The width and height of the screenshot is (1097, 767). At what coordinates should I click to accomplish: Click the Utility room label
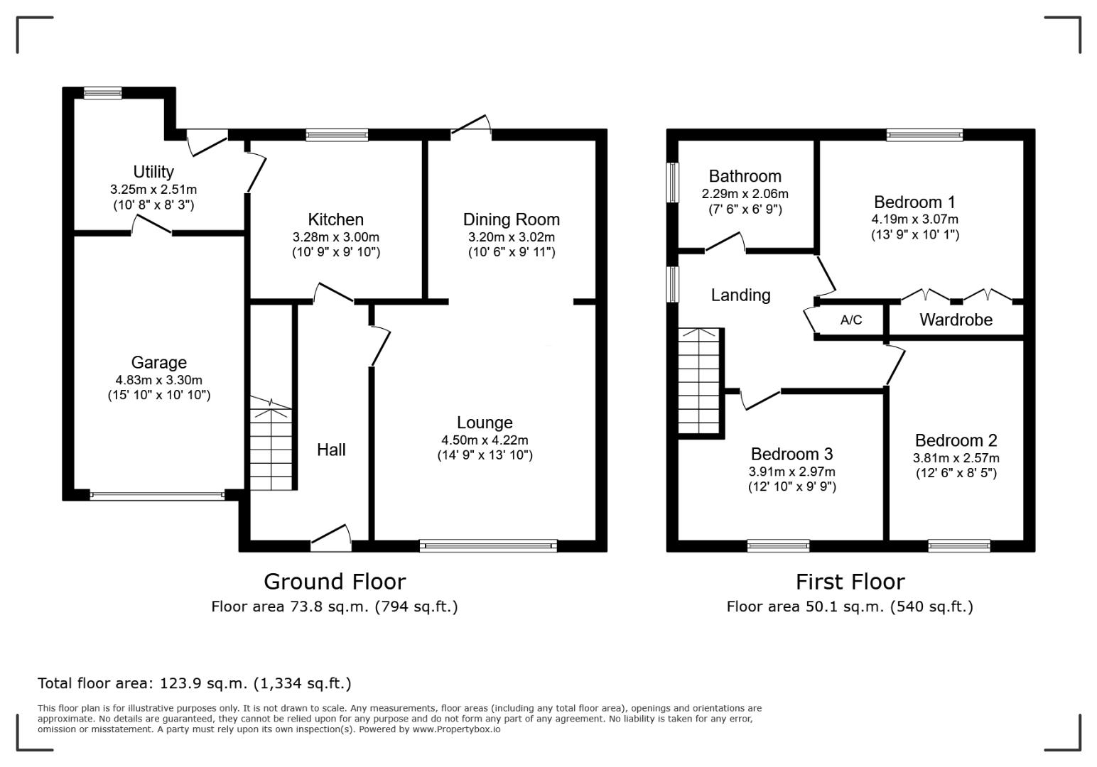[x=153, y=172]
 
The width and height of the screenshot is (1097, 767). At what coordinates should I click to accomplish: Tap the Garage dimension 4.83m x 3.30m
[x=158, y=380]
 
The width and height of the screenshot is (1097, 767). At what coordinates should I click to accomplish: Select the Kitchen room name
[x=336, y=219]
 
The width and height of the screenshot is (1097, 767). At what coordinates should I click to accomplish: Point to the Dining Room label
[x=512, y=219]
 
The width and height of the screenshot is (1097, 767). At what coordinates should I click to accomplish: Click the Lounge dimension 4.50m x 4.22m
[x=485, y=440]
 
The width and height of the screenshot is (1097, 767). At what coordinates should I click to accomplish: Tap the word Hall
[x=331, y=450]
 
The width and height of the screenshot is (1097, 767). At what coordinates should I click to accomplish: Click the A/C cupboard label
[x=851, y=320]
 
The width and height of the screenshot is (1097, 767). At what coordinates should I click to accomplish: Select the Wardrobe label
[x=956, y=320]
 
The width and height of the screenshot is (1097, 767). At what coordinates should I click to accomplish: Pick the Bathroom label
[x=745, y=176]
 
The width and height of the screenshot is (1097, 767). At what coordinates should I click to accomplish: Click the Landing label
[x=740, y=295]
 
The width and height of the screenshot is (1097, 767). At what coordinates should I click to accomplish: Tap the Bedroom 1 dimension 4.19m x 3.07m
[x=915, y=219]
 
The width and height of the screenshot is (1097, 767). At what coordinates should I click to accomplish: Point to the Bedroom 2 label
[x=956, y=440]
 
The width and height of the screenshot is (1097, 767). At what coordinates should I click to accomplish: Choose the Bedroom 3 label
[x=792, y=455]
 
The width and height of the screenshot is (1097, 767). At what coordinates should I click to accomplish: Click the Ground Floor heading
[x=335, y=582]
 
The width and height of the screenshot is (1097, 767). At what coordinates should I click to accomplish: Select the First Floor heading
[x=850, y=582]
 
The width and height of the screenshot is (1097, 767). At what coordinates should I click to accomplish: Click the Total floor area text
[x=195, y=683]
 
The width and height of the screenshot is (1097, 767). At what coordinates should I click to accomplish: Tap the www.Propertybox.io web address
[x=456, y=729]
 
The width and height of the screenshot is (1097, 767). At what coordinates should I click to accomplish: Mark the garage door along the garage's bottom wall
[x=157, y=495]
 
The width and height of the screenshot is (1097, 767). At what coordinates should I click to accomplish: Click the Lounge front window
[x=488, y=545]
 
